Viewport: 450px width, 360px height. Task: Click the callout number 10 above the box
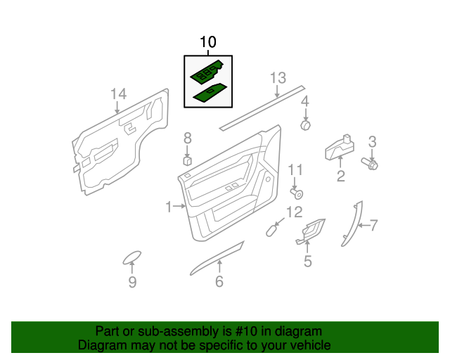208,43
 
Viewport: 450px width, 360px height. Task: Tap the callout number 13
278,77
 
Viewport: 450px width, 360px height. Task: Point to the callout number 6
219,282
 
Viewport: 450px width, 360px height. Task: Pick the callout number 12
294,212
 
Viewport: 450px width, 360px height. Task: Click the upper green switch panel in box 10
207,72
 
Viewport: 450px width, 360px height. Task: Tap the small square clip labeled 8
188,160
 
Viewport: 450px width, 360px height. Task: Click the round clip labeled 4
306,125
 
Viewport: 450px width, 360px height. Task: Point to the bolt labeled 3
369,164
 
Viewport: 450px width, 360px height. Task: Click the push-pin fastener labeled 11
298,193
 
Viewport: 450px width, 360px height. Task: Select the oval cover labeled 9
131,257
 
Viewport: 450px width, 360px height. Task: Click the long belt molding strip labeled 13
262,107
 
